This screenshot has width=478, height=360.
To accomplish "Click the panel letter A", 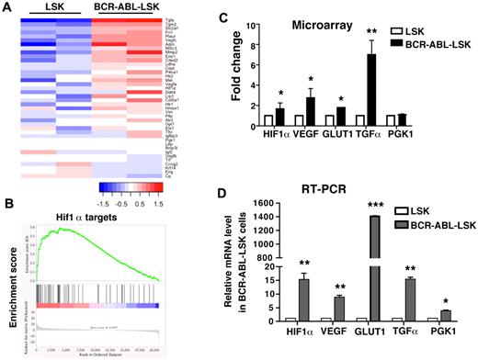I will [x=6, y=7].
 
